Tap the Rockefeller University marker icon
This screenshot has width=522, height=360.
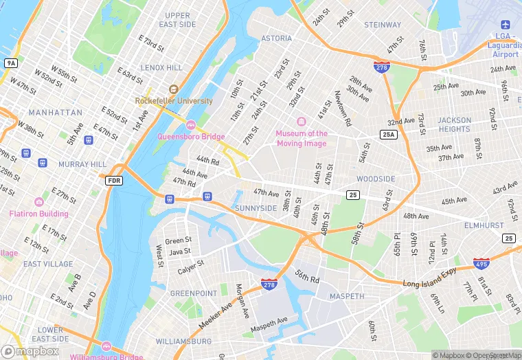click(x=173, y=89)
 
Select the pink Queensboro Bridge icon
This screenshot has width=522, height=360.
click(x=191, y=124)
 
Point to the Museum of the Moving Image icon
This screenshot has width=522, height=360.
click(x=302, y=122)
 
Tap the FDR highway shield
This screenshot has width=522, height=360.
click(x=114, y=181)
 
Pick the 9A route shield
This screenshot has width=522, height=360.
click(x=10, y=63)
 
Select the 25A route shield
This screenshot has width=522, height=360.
click(x=389, y=135)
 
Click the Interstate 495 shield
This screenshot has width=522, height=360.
click(x=481, y=263)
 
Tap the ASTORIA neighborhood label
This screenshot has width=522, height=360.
click(x=276, y=38)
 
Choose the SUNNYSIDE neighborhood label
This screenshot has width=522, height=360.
click(x=256, y=208)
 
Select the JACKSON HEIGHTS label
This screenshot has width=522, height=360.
click(x=455, y=124)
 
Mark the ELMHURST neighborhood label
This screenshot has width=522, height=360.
click(x=484, y=225)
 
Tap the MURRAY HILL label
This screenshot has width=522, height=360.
click(x=82, y=165)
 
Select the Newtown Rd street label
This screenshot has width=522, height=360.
click(x=343, y=109)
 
